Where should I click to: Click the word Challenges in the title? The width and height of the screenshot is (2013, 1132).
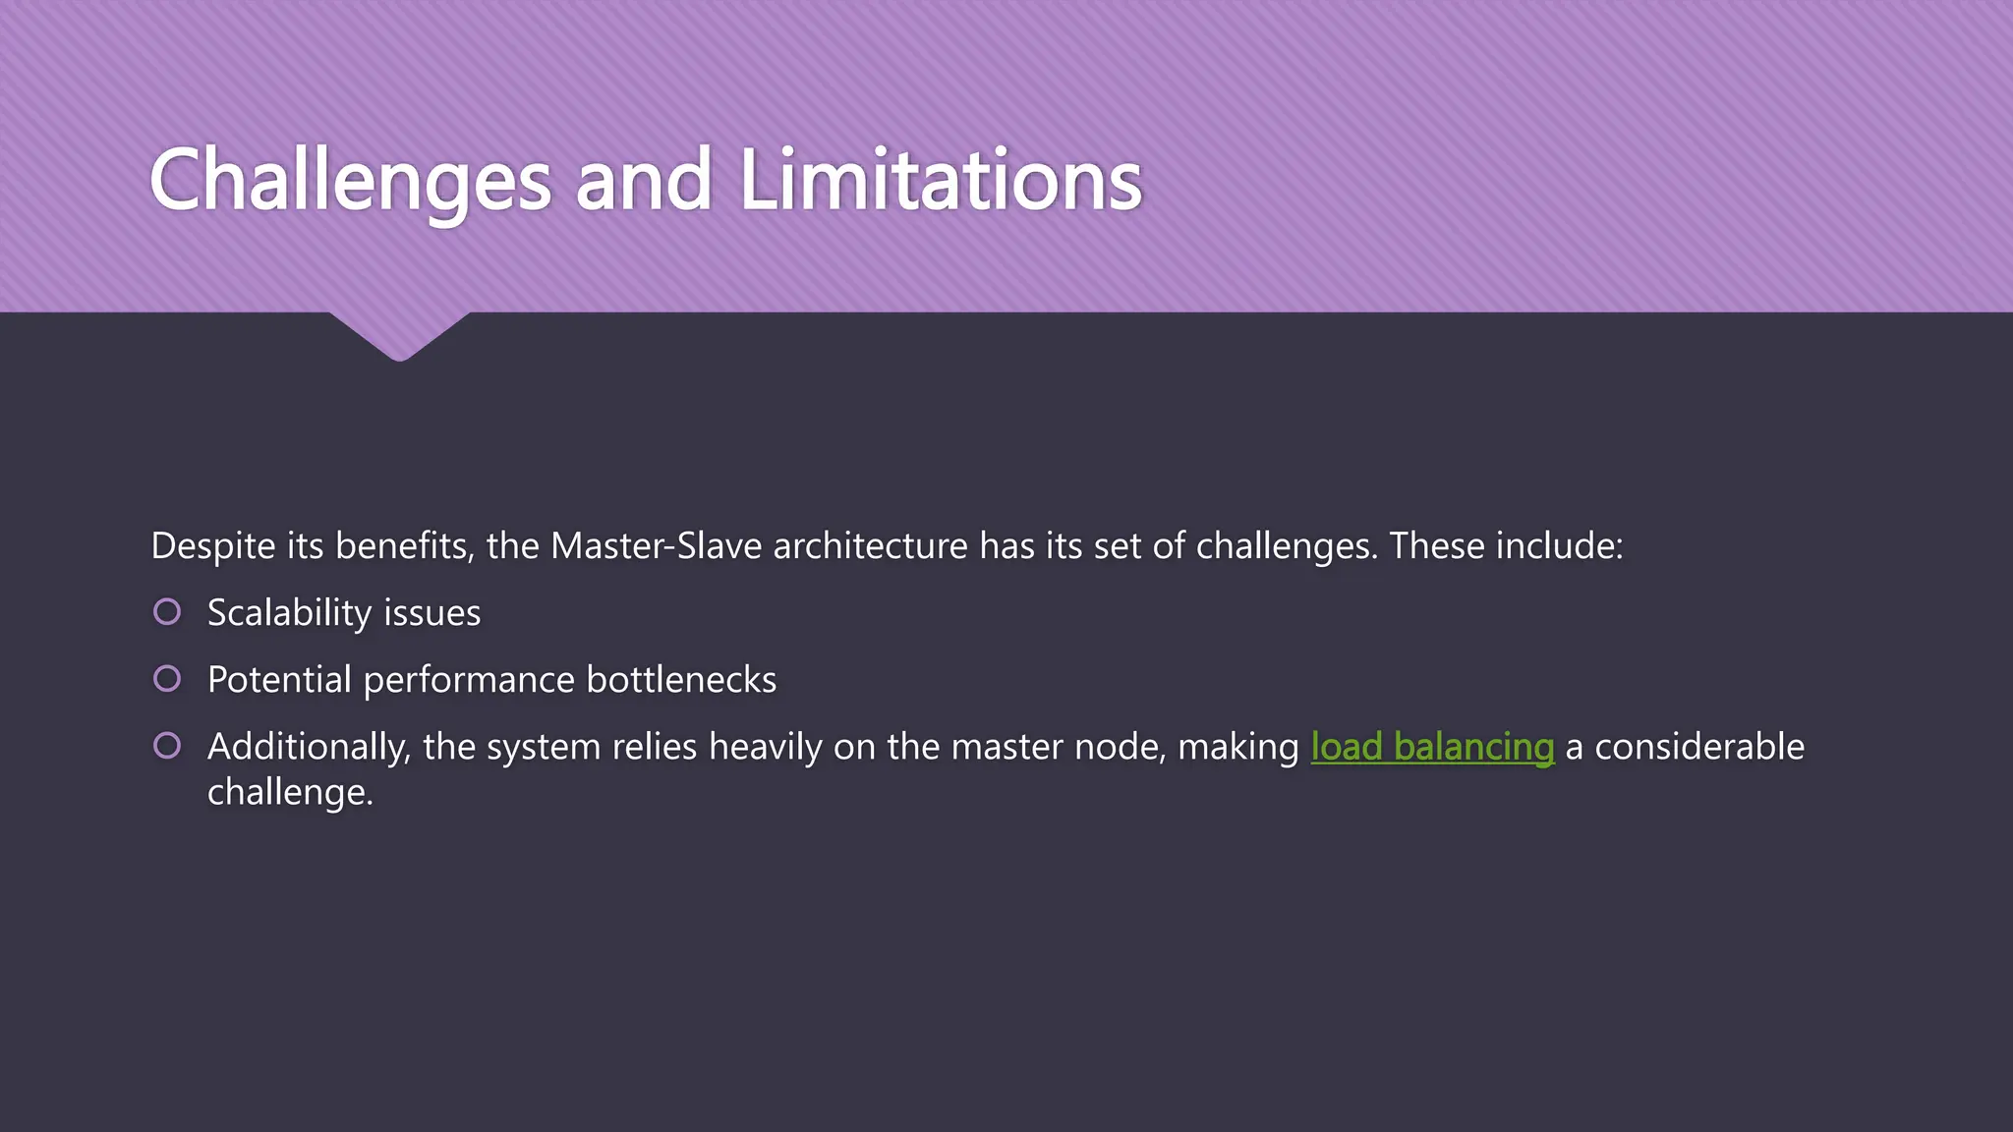pos(350,181)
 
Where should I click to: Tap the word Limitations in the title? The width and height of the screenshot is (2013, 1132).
pos(940,181)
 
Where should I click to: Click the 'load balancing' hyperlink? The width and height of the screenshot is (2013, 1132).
pos(1432,748)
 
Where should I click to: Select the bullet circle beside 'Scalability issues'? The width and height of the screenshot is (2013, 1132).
pos(167,612)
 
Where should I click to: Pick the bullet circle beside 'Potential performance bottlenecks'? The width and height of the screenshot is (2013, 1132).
pos(167,679)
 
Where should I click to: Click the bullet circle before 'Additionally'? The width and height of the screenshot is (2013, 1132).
pos(167,746)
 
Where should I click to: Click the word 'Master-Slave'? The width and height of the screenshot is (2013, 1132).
pos(656,546)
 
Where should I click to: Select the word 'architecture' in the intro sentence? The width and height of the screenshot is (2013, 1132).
pos(870,546)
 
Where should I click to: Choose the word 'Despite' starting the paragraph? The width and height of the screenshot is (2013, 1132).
pos(212,546)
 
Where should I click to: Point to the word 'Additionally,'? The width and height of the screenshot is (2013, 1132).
pos(309,748)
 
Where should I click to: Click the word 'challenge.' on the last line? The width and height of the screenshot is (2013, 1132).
pos(290,792)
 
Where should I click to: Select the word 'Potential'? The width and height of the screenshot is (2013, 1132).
pos(279,680)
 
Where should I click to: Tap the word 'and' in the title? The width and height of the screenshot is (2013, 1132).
pos(643,181)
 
